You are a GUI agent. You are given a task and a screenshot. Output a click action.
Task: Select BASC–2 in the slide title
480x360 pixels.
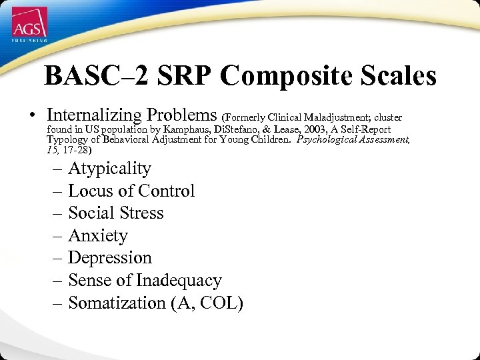click(96, 76)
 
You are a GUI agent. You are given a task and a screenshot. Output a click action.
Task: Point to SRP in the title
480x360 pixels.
click(183, 76)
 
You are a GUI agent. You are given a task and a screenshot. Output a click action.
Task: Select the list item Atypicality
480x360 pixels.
click(109, 169)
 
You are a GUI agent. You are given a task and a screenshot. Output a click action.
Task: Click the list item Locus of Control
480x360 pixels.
click(131, 191)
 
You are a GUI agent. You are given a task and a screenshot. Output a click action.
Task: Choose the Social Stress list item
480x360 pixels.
click(115, 213)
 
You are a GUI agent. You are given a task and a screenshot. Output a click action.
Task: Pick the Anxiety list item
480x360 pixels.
click(97, 236)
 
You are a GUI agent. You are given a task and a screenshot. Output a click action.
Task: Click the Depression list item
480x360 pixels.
click(110, 258)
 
